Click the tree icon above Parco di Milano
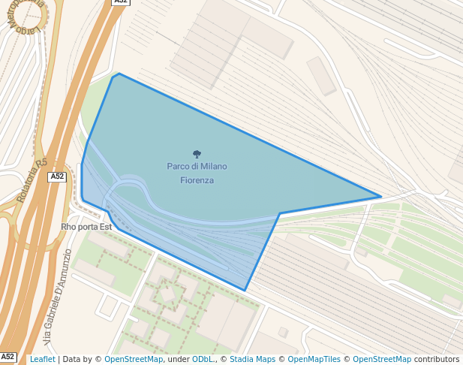(197, 154)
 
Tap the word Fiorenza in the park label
(197, 180)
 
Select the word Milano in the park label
(214, 166)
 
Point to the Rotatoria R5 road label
(32, 181)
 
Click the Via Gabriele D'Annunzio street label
(57, 297)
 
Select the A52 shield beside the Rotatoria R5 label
(58, 176)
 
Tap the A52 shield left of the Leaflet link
(8, 357)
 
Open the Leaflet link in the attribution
(43, 359)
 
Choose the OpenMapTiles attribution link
(317, 359)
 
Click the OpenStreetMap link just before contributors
(382, 359)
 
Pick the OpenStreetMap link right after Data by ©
(134, 359)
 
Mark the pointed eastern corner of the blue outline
(381, 197)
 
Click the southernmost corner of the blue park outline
(245, 291)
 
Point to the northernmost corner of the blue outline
(119, 74)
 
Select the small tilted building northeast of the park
(321, 76)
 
